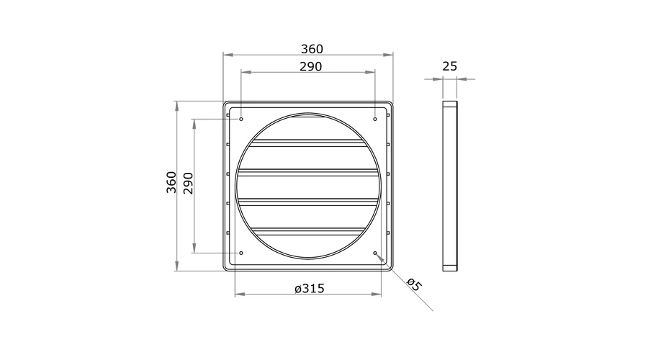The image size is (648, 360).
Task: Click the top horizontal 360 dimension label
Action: [312, 49]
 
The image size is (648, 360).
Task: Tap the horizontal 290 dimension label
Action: [311, 66]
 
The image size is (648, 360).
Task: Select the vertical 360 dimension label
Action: [171, 182]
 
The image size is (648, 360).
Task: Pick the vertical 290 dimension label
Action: [189, 184]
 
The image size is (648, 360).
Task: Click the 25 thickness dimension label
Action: [449, 66]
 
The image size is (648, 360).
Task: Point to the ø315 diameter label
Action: [310, 289]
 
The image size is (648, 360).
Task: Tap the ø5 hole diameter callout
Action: [414, 284]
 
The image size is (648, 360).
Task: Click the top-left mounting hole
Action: [241, 119]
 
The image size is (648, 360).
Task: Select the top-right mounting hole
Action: [375, 119]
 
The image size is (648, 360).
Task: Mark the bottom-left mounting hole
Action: [241, 253]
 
